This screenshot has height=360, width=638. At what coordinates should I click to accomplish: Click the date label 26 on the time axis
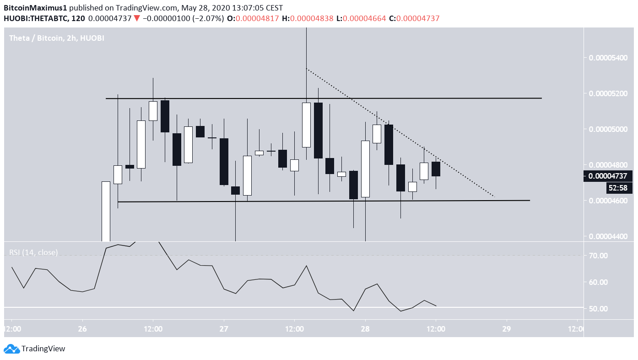[x=82, y=329]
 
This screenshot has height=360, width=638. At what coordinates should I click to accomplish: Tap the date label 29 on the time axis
[x=506, y=329]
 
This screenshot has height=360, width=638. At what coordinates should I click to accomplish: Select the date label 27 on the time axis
[x=224, y=329]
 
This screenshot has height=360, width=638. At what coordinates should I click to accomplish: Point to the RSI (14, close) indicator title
[x=33, y=252]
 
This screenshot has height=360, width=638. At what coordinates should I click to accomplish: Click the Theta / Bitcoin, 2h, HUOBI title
[x=57, y=38]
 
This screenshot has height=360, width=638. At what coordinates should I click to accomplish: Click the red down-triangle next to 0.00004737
[x=137, y=18]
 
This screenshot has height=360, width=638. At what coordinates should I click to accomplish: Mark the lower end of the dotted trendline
[x=494, y=197]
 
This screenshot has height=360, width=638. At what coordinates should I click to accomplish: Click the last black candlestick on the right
[x=436, y=169]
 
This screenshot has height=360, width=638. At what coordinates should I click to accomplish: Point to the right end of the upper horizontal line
[x=541, y=98]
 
